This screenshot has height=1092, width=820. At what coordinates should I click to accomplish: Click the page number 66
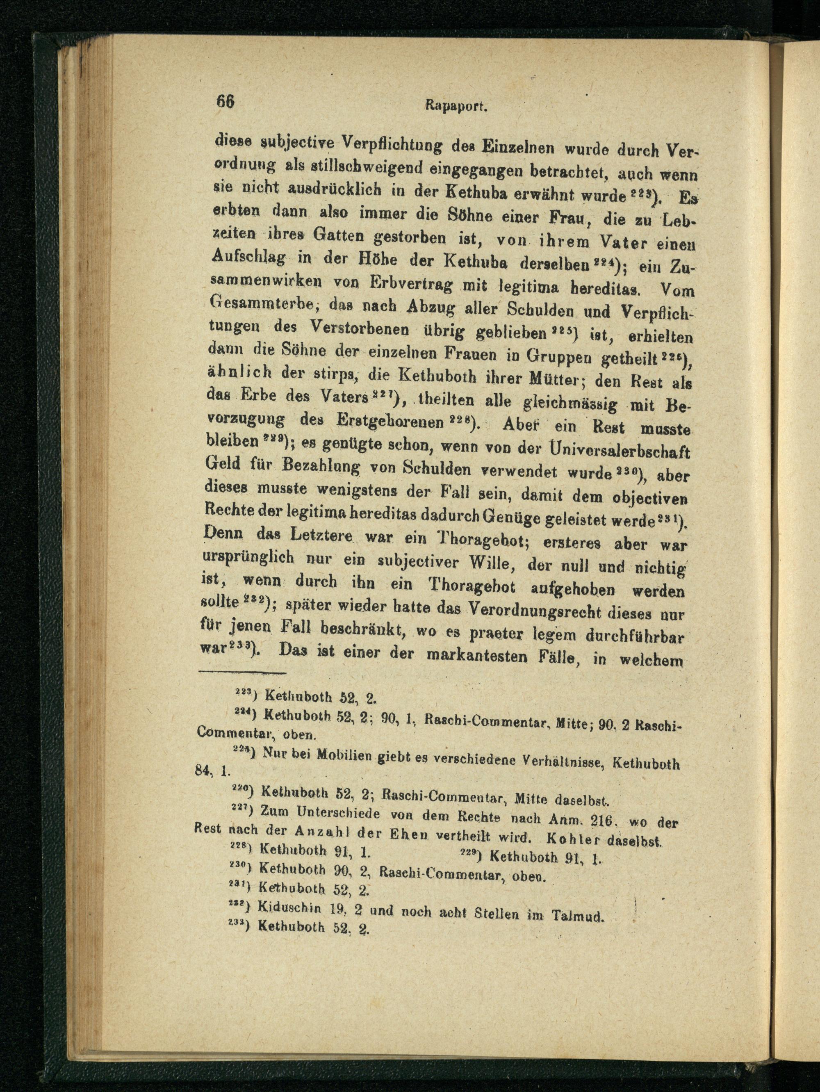[224, 102]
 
